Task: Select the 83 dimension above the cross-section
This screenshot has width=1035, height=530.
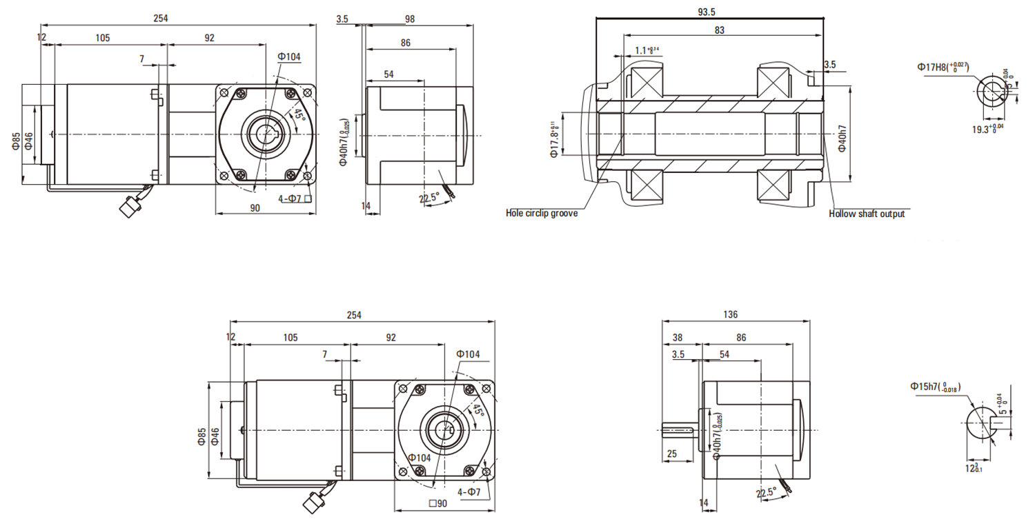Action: [x=719, y=30]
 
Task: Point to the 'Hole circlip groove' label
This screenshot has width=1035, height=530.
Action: [x=542, y=214]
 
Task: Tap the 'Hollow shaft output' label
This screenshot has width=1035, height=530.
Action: [x=867, y=214]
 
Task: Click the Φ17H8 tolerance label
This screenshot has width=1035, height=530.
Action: [x=943, y=68]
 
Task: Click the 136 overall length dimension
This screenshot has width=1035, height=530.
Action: [x=731, y=314]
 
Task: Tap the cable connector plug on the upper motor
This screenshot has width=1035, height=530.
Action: [x=129, y=206]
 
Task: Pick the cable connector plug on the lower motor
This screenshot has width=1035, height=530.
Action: [x=314, y=501]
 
